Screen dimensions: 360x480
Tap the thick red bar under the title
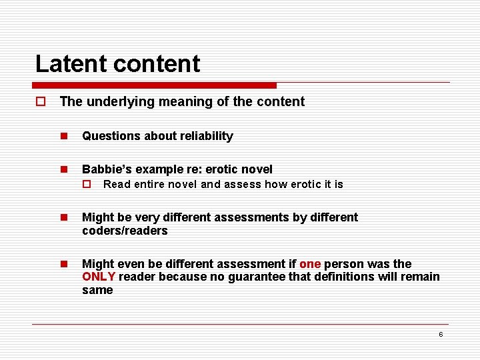154,85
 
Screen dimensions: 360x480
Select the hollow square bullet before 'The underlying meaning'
40,102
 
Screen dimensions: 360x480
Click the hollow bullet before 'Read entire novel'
86,184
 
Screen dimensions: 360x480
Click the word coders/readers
125,231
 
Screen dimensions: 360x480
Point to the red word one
310,264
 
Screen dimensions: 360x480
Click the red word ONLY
99,277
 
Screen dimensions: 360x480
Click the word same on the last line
97,290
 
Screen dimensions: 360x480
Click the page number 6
441,334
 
